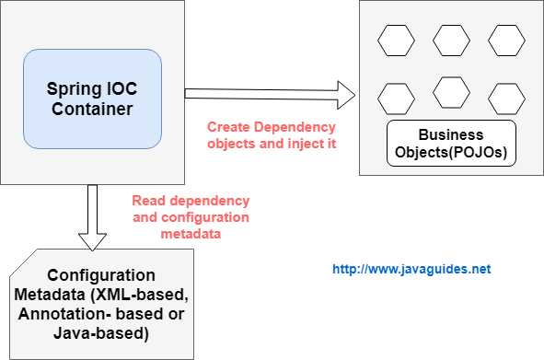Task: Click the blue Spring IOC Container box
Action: pos(92,99)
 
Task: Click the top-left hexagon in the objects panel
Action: pos(396,41)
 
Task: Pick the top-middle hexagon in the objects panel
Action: pos(451,41)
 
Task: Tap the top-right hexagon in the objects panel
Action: pos(506,41)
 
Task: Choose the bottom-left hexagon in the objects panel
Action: pos(396,97)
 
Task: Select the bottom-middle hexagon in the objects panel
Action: pos(451,91)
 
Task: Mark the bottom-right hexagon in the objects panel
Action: pos(506,97)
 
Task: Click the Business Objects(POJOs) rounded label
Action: pos(450,143)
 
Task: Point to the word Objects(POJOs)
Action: pos(450,151)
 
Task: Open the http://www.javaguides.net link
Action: pos(411,270)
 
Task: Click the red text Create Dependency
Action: pos(272,127)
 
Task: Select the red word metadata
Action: pos(190,234)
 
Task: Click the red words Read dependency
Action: pos(191,200)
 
